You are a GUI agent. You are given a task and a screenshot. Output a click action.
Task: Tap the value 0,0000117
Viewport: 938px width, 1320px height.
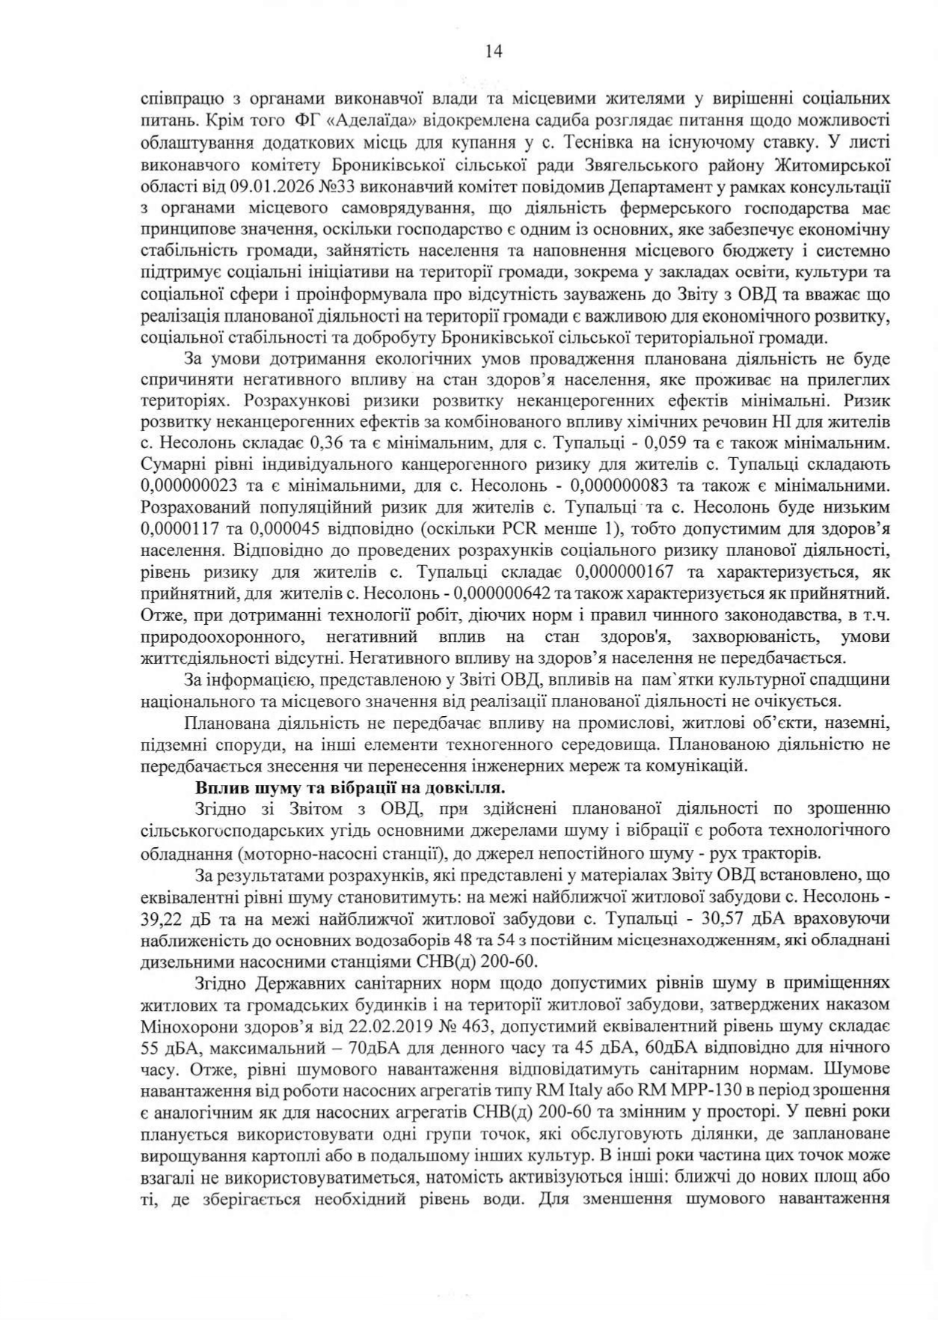[180, 528]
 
